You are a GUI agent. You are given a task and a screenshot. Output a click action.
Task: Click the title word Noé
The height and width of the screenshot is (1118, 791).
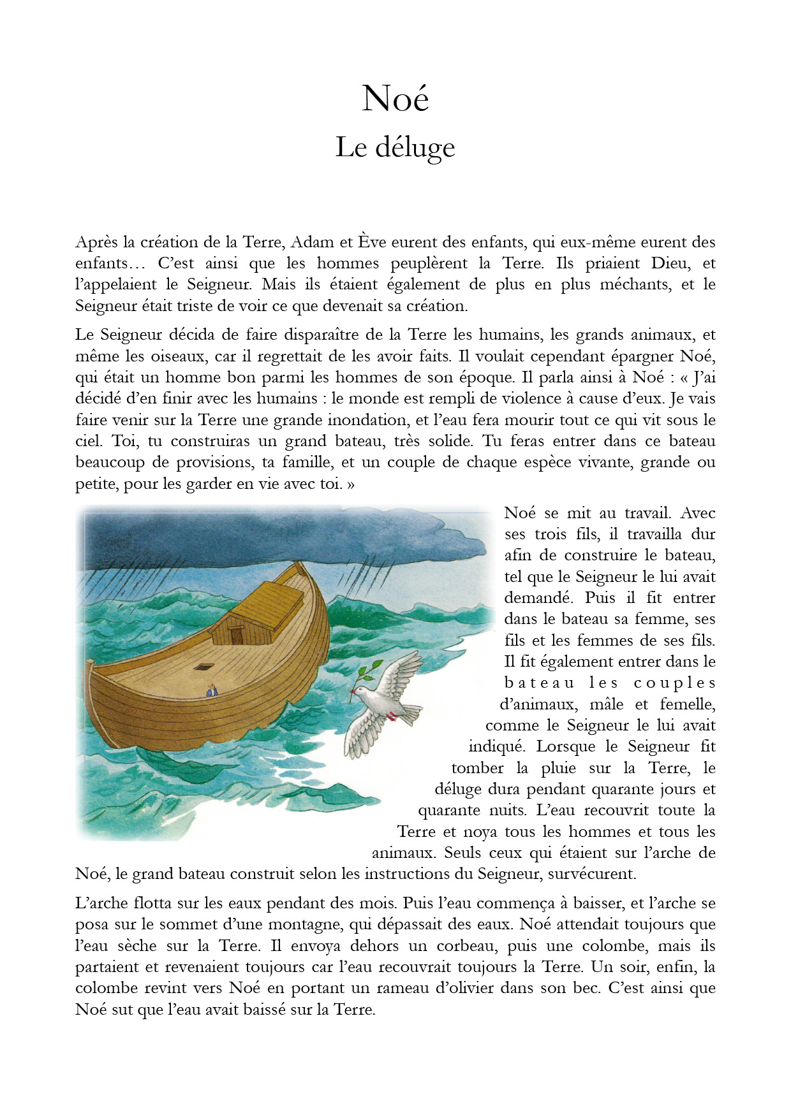[395, 99]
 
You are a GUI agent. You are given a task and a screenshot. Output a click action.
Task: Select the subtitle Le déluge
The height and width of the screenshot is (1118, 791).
[395, 148]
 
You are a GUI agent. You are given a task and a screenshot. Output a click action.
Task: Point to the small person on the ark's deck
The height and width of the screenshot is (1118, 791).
[212, 690]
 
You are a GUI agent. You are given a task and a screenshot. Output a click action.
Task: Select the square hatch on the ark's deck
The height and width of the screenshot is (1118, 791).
[204, 667]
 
